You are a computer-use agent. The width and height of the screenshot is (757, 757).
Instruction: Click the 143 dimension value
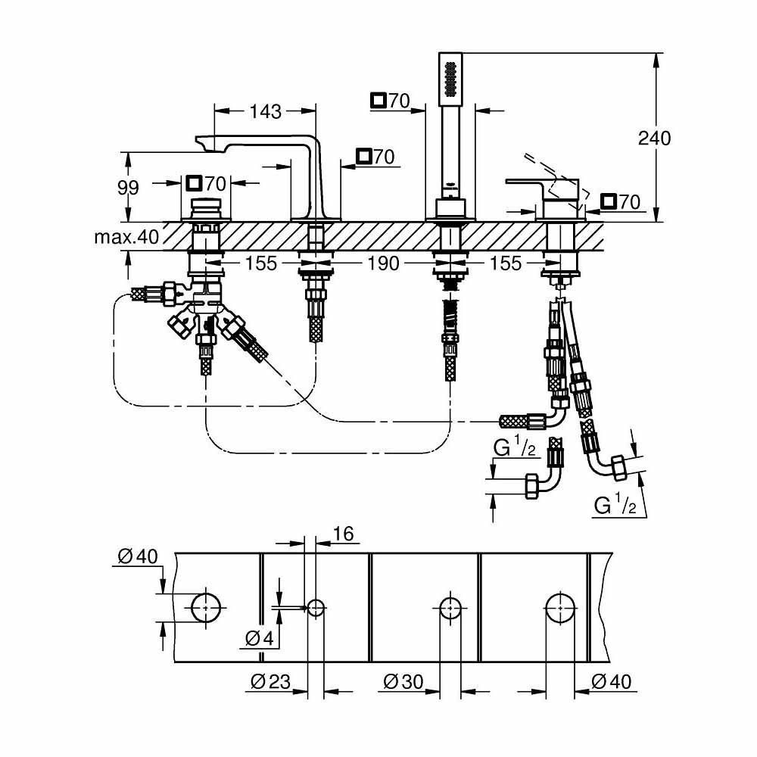tap(265, 112)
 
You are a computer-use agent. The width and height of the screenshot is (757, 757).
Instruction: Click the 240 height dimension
tap(654, 139)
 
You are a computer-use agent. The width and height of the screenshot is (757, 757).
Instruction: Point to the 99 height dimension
tap(128, 188)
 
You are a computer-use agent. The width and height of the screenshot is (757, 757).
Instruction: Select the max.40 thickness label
tap(126, 238)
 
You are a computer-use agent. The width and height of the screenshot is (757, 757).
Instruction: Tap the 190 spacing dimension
tap(383, 263)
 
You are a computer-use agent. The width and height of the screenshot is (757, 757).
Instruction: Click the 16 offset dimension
tap(344, 534)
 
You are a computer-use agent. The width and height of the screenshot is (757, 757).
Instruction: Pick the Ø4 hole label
tap(258, 639)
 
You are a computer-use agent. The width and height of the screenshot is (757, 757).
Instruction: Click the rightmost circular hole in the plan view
tap(559, 607)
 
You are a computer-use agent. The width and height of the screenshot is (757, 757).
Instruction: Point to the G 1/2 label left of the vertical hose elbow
tap(516, 450)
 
